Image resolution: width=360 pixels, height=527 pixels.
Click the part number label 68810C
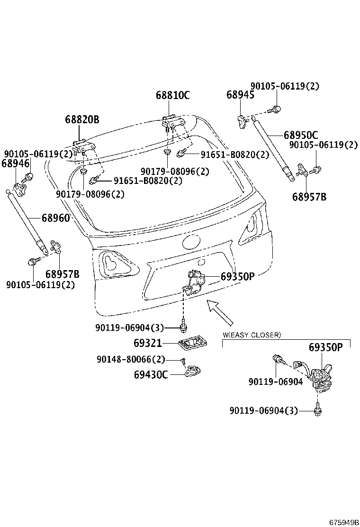[172, 95]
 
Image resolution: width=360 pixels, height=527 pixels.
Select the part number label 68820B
[82, 119]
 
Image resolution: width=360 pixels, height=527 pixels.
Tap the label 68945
[240, 95]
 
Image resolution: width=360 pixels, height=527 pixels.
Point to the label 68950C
[301, 135]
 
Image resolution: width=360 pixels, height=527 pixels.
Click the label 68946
[16, 164]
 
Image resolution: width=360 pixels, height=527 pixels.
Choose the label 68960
[55, 218]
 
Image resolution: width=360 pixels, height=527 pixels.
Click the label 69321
[148, 343]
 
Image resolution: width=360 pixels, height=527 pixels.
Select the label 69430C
[151, 374]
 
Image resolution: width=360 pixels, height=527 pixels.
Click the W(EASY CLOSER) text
[252, 335]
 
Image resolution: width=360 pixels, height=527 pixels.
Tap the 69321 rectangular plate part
[191, 343]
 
